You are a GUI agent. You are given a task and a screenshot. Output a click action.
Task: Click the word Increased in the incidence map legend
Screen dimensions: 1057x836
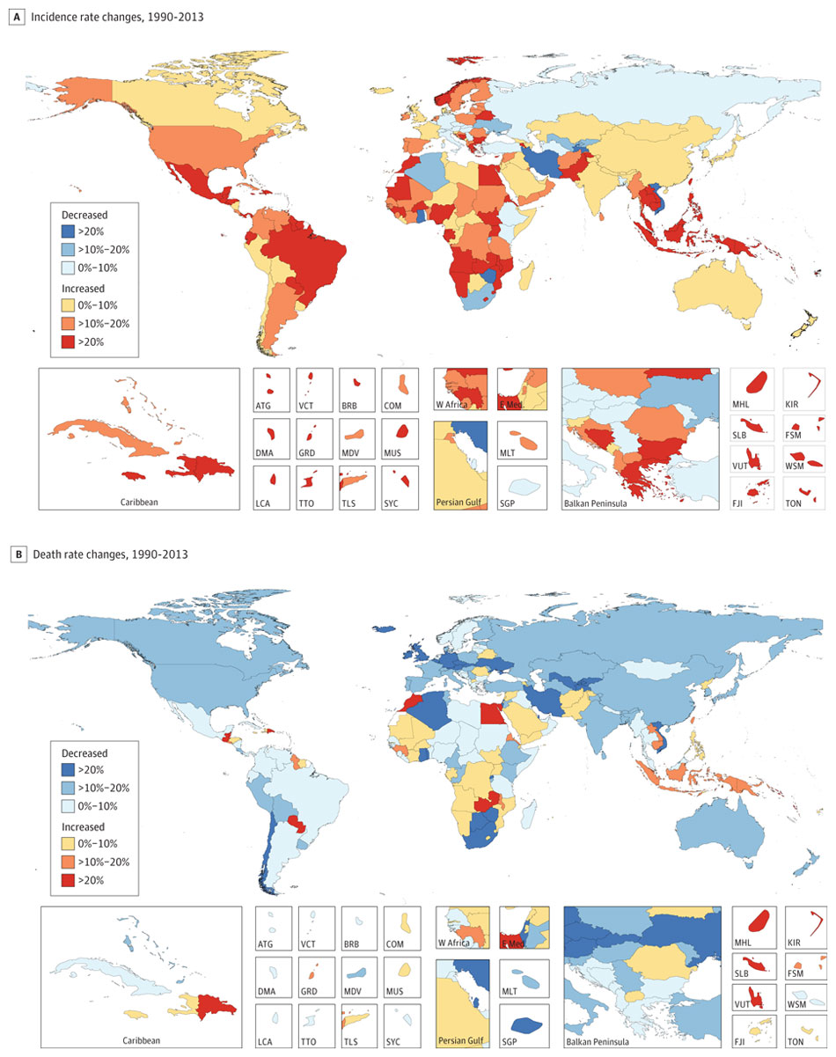point(84,287)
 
